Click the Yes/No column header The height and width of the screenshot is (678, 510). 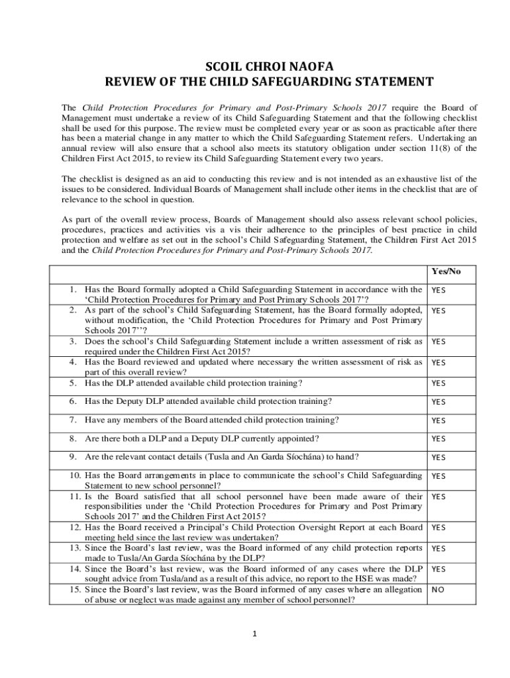tap(446, 271)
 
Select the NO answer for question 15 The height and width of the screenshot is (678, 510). tap(438, 589)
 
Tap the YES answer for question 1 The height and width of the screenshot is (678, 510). tap(438, 290)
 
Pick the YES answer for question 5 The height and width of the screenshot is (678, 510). tap(438, 383)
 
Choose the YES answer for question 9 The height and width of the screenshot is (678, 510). tap(438, 457)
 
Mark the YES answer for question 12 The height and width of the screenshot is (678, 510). tap(438, 528)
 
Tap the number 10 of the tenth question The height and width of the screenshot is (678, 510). tap(74, 475)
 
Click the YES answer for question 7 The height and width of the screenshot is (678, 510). tap(438, 420)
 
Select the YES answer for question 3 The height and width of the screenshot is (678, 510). tap(438, 342)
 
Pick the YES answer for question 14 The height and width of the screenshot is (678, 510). tap(438, 569)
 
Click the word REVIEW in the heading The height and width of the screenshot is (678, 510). tap(132, 82)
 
